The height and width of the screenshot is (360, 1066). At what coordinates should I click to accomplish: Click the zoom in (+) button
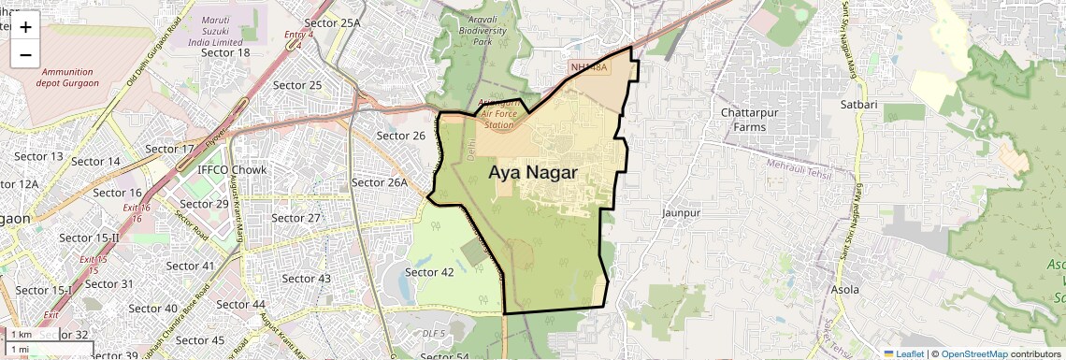pyautogui.click(x=25, y=27)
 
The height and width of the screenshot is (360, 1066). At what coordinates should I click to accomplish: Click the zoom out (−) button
pyautogui.click(x=25, y=55)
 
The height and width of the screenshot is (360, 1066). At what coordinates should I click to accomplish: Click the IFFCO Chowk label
pyautogui.click(x=232, y=169)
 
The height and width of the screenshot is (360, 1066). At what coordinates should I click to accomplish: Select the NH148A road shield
pyautogui.click(x=589, y=67)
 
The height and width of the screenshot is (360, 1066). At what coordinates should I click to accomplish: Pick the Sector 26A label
pyautogui.click(x=380, y=182)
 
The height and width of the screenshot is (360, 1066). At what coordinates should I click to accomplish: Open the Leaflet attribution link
pyautogui.click(x=902, y=353)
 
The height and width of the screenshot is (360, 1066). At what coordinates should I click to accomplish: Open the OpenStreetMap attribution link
pyautogui.click(x=974, y=353)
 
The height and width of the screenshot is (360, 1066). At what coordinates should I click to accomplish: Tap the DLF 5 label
pyautogui.click(x=433, y=333)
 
